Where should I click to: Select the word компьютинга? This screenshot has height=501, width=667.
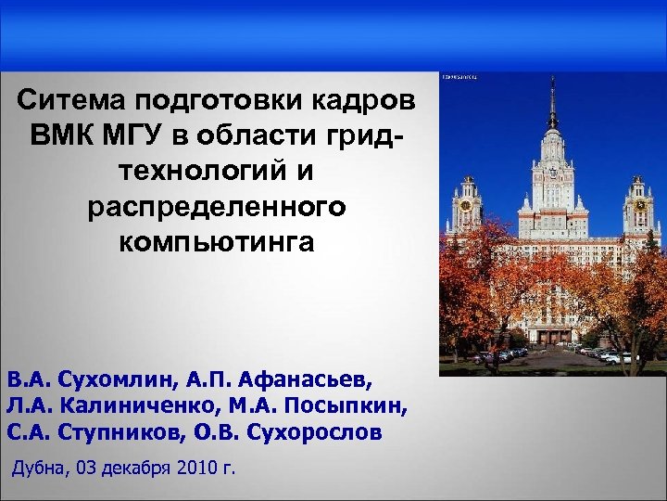[x=217, y=244]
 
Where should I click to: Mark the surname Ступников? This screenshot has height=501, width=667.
[x=120, y=432]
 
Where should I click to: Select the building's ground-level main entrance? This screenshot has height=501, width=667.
[x=552, y=335]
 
